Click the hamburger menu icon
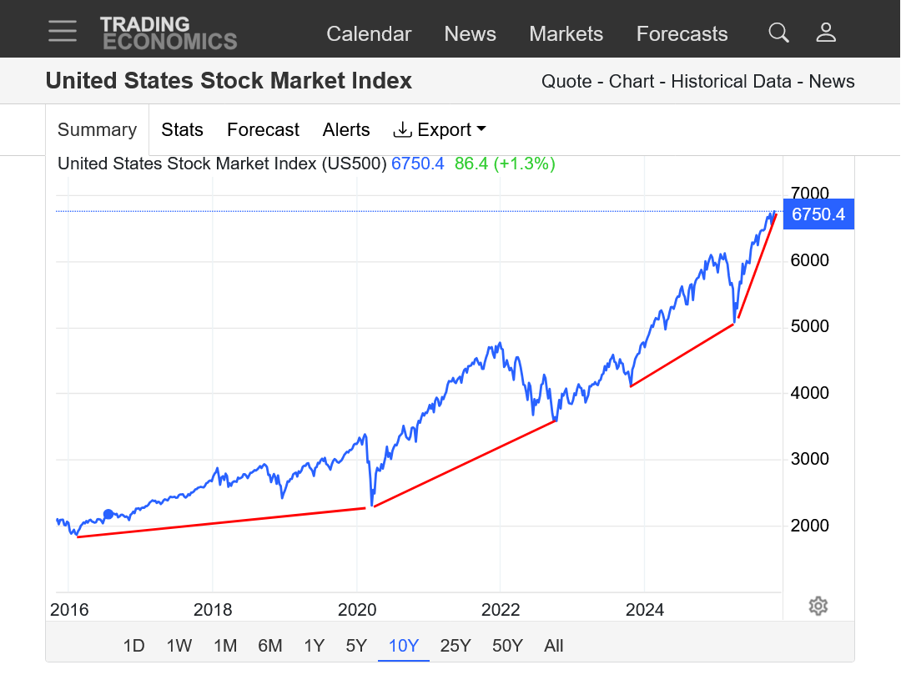63,32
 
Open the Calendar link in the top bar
369,34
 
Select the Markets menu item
566,34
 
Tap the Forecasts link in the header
682,34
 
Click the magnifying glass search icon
778,33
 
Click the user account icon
826,33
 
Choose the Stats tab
182,130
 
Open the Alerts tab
346,130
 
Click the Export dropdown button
440,130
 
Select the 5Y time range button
356,646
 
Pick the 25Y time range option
455,646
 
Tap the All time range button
553,646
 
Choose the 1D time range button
133,646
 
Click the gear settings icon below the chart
818,606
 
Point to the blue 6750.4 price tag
818,214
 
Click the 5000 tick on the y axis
809,326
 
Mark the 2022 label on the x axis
501,610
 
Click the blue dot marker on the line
108,514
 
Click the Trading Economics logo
169,33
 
